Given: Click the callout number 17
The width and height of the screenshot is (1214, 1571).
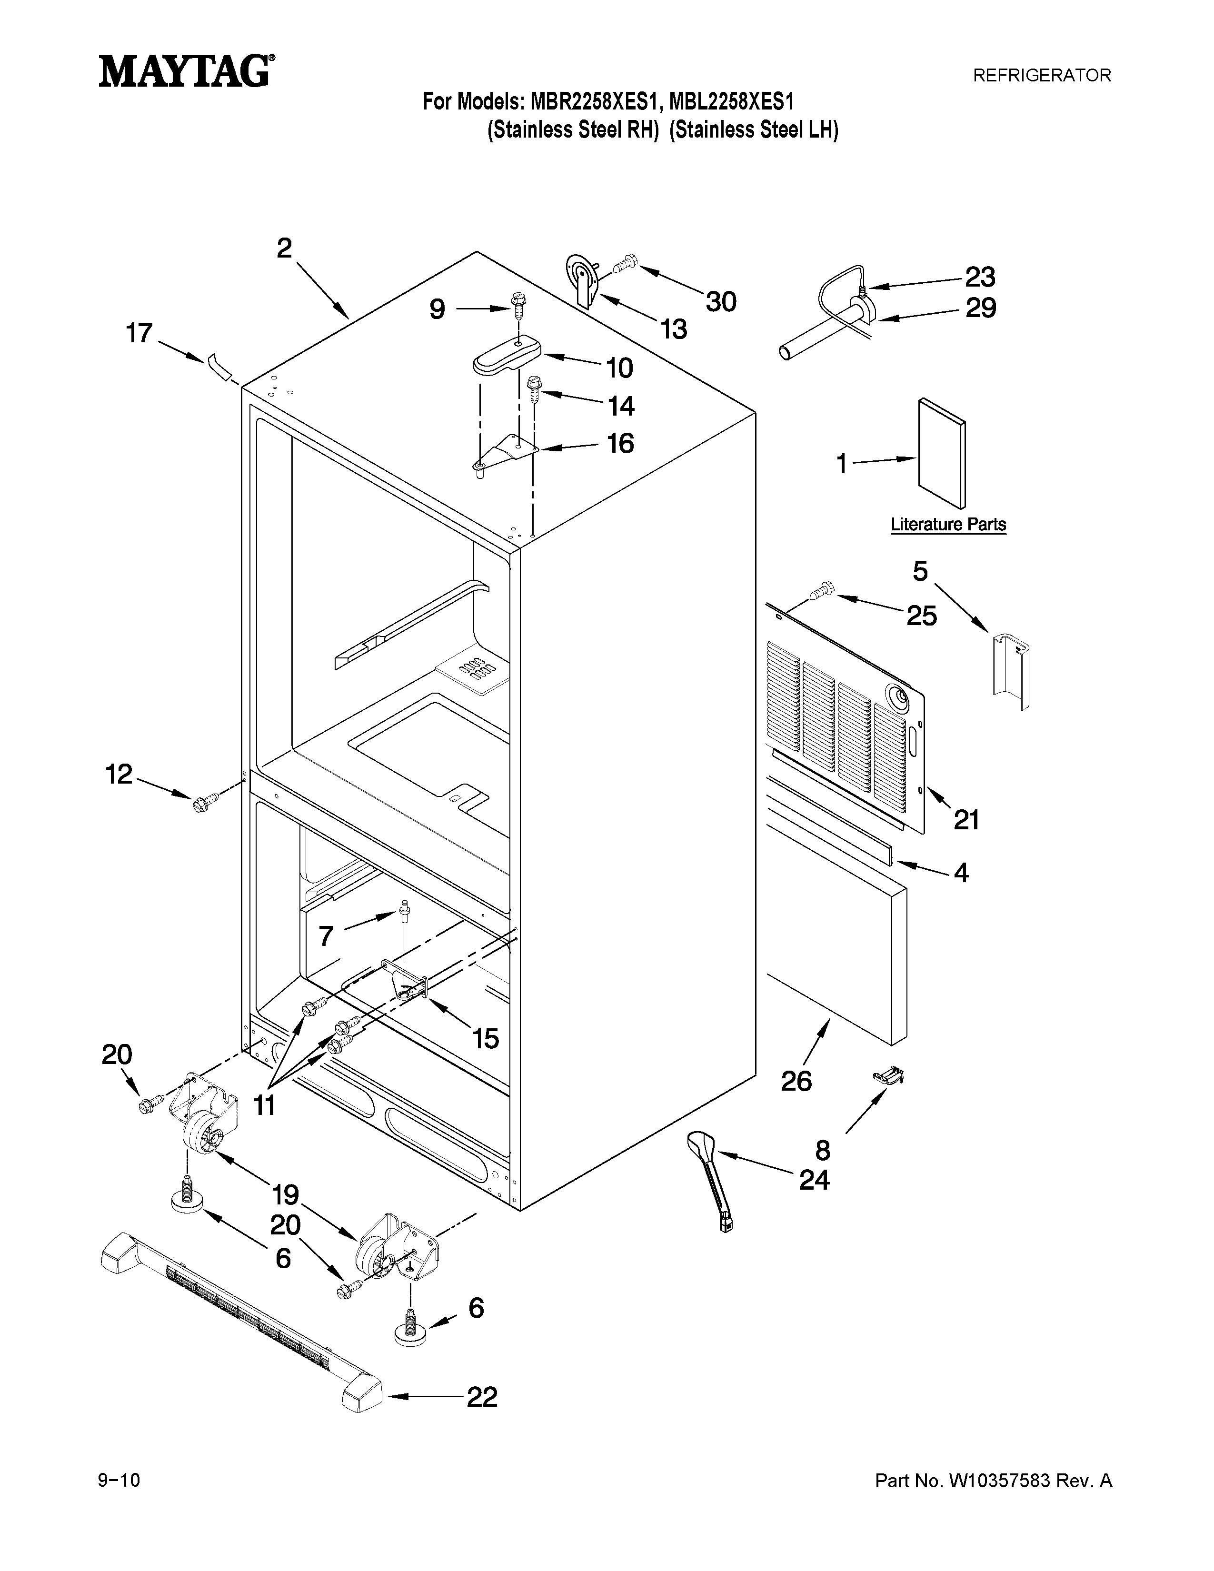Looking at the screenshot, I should coord(139,333).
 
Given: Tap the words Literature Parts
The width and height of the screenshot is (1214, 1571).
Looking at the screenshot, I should coord(948,525).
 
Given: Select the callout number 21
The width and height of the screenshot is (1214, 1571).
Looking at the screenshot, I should coord(966,819).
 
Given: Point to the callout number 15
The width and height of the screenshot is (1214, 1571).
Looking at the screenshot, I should coord(486,1038).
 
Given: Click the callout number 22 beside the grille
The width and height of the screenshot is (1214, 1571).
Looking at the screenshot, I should coord(482,1397).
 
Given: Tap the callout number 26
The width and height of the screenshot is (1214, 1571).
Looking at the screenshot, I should coord(796,1081).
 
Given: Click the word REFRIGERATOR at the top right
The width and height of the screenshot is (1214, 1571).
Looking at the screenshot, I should coord(1041,75).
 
